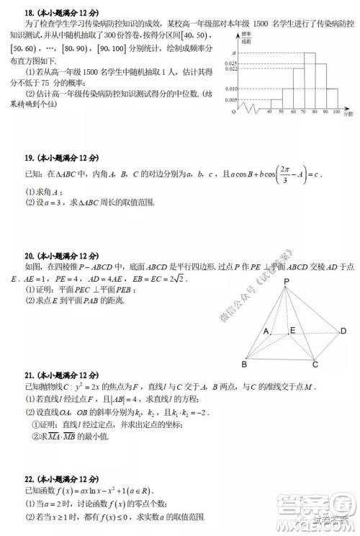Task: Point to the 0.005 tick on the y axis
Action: tap(231, 100)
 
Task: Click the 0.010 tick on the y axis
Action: tap(231, 89)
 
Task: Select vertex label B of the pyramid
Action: tap(244, 365)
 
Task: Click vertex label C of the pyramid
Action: tap(315, 365)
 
